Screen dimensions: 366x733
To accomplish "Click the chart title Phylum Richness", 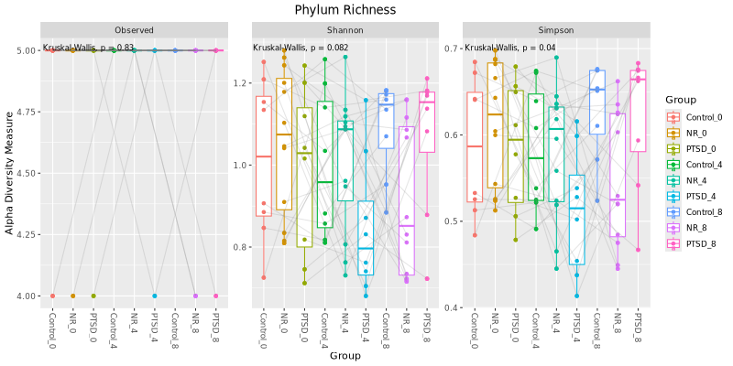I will click(345, 10).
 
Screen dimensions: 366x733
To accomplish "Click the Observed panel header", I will click(134, 30).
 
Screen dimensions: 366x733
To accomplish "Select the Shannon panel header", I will click(345, 30).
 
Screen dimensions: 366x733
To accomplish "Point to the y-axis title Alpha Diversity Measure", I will click(10, 173).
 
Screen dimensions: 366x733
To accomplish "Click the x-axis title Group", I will click(345, 356).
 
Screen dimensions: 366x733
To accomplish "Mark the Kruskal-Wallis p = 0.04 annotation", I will click(509, 48).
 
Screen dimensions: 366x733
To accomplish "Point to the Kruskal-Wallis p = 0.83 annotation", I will click(89, 48).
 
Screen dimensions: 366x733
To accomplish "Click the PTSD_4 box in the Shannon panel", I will click(366, 238).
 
